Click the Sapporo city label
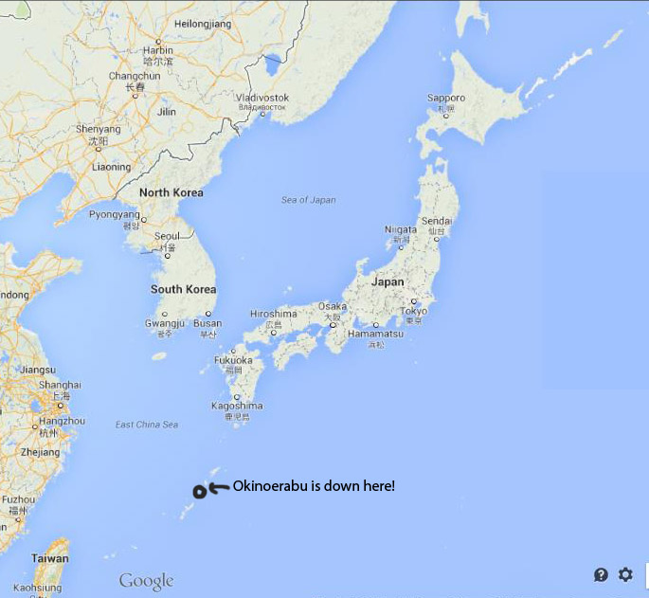pyautogui.click(x=445, y=98)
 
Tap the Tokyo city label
pyautogui.click(x=414, y=312)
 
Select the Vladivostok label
pyautogui.click(x=261, y=98)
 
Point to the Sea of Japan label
pyautogui.click(x=308, y=200)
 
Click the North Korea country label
pyautogui.click(x=171, y=192)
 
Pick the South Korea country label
pyautogui.click(x=183, y=289)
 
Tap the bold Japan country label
pyautogui.click(x=387, y=281)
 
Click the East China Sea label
pyautogui.click(x=146, y=425)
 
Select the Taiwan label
pyautogui.click(x=49, y=558)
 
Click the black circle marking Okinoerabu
pyautogui.click(x=199, y=491)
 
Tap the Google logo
pyautogui.click(x=146, y=580)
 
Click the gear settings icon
pyautogui.click(x=625, y=574)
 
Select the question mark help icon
pyautogui.click(x=601, y=574)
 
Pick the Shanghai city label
pyautogui.click(x=61, y=385)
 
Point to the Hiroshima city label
pyautogui.click(x=273, y=314)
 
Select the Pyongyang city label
pyautogui.click(x=114, y=214)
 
